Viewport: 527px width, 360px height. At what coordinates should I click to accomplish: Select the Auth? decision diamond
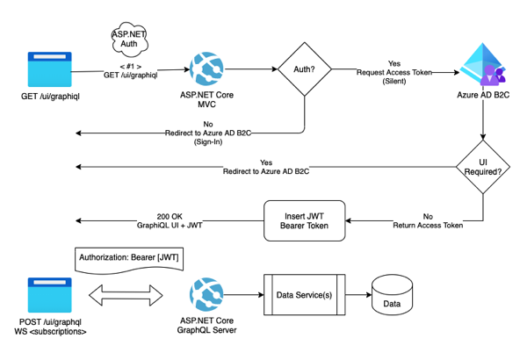[x=304, y=68]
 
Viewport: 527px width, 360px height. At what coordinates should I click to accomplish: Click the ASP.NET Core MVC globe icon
[x=208, y=68]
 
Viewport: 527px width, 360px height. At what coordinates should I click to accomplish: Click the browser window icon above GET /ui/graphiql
[x=50, y=68]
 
